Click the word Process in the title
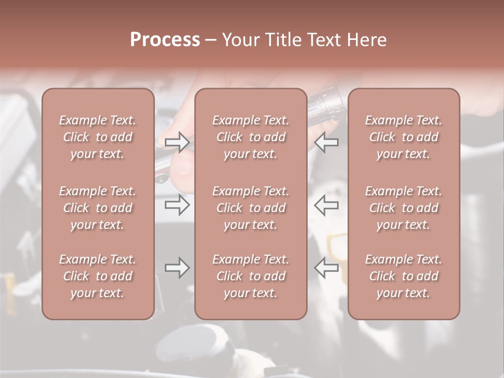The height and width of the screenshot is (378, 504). click(x=165, y=40)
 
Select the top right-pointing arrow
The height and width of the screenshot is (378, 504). click(x=177, y=142)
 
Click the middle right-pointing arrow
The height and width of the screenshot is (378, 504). click(x=177, y=205)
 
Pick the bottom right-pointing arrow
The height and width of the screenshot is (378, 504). click(x=177, y=268)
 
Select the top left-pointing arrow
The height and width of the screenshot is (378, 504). click(x=327, y=142)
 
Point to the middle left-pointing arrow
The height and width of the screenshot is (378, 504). click(x=327, y=205)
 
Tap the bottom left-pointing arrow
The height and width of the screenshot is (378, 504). click(x=327, y=268)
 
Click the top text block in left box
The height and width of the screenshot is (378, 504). click(x=98, y=137)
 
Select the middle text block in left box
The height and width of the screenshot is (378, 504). click(x=98, y=208)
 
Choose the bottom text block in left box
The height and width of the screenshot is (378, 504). click(x=98, y=276)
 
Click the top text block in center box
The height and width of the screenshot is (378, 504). click(x=251, y=137)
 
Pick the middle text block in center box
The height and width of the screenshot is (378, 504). click(x=251, y=208)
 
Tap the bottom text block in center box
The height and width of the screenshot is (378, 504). click(x=251, y=276)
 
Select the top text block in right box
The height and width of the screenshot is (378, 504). click(x=404, y=137)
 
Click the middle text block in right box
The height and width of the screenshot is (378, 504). click(x=404, y=208)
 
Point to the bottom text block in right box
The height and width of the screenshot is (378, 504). click(x=404, y=276)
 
